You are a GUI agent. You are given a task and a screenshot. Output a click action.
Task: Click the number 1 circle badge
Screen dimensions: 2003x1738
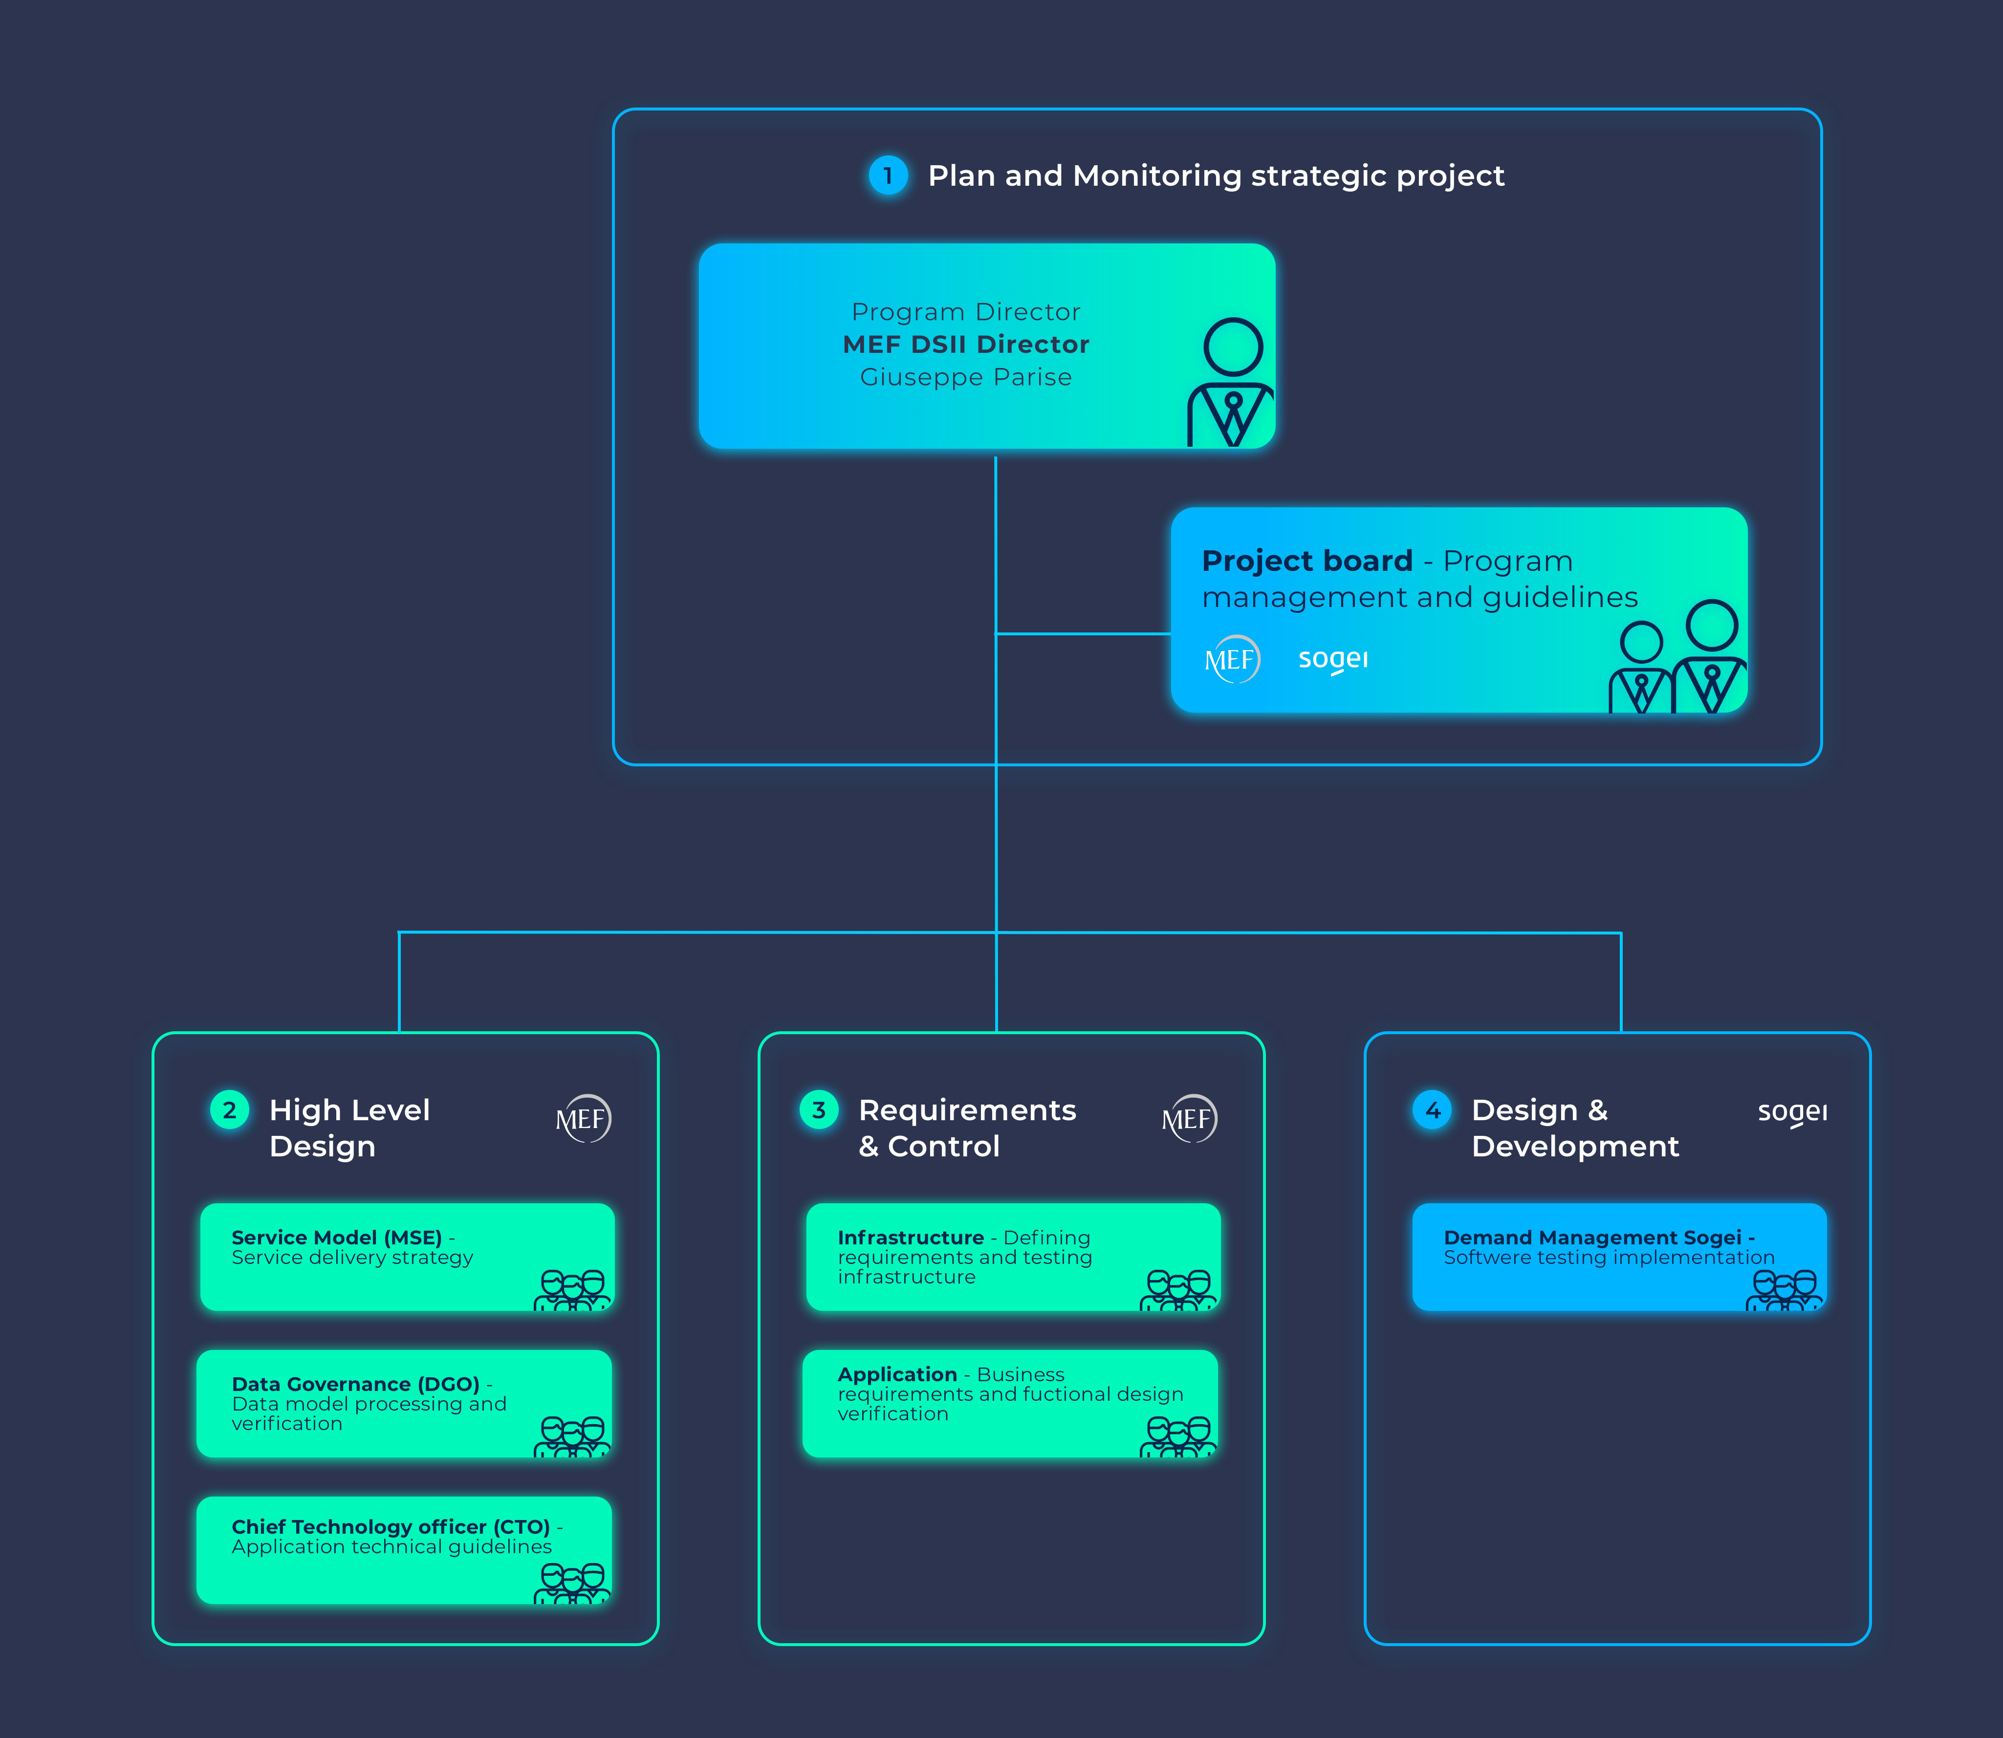tap(888, 175)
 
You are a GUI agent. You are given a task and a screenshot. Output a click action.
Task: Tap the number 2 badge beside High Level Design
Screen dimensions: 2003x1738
tap(230, 1109)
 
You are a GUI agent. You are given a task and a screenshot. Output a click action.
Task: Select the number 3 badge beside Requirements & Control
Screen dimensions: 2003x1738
tap(819, 1109)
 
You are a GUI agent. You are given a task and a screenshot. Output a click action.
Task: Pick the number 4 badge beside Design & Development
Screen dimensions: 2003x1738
tap(1433, 1109)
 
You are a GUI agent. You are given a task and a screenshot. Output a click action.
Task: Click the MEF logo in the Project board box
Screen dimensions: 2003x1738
tap(1232, 659)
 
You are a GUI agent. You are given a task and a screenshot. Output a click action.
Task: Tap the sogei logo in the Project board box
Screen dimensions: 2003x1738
tap(1333, 659)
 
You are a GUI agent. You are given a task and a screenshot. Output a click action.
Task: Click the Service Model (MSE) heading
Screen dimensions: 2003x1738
tap(337, 1238)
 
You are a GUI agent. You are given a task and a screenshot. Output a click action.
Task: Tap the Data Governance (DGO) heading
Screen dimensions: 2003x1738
tap(356, 1384)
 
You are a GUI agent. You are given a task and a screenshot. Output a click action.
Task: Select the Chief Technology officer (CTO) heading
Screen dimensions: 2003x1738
tap(391, 1526)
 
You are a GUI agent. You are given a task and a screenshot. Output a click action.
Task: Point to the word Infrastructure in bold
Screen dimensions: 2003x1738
tap(911, 1238)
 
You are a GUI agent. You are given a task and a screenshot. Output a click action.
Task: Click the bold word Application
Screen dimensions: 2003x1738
tap(897, 1374)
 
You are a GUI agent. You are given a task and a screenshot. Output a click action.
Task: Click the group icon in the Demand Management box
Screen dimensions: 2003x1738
tap(1785, 1290)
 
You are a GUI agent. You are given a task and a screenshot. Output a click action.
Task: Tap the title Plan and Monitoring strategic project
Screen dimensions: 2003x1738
tap(1217, 175)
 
